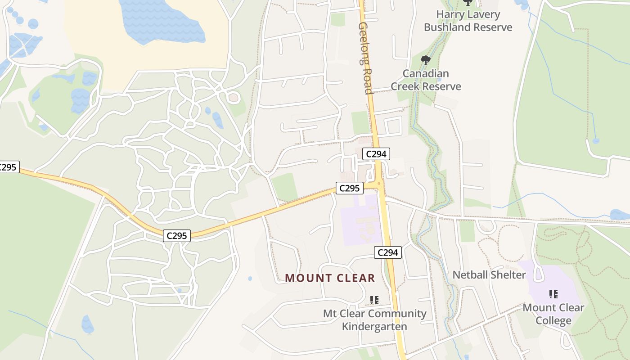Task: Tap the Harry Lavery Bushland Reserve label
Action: pyautogui.click(x=468, y=21)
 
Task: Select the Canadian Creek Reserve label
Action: pyautogui.click(x=426, y=80)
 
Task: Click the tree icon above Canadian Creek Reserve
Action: pyautogui.click(x=425, y=60)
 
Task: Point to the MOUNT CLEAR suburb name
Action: pyautogui.click(x=330, y=278)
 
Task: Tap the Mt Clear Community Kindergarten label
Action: pyautogui.click(x=374, y=320)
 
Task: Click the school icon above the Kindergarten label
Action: pyautogui.click(x=374, y=300)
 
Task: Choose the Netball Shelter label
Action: pyautogui.click(x=489, y=274)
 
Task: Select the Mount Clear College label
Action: pyautogui.click(x=553, y=314)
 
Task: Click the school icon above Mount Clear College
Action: pyautogui.click(x=553, y=294)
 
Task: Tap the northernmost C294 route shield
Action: pyautogui.click(x=376, y=154)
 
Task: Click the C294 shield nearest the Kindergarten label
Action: pyautogui.click(x=387, y=252)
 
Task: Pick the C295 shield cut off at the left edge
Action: pyautogui.click(x=8, y=167)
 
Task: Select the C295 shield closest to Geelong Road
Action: pyautogui.click(x=349, y=188)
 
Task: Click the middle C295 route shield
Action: pyautogui.click(x=177, y=235)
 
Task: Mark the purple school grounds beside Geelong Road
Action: pyautogui.click(x=360, y=220)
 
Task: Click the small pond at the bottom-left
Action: pyautogui.click(x=87, y=324)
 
